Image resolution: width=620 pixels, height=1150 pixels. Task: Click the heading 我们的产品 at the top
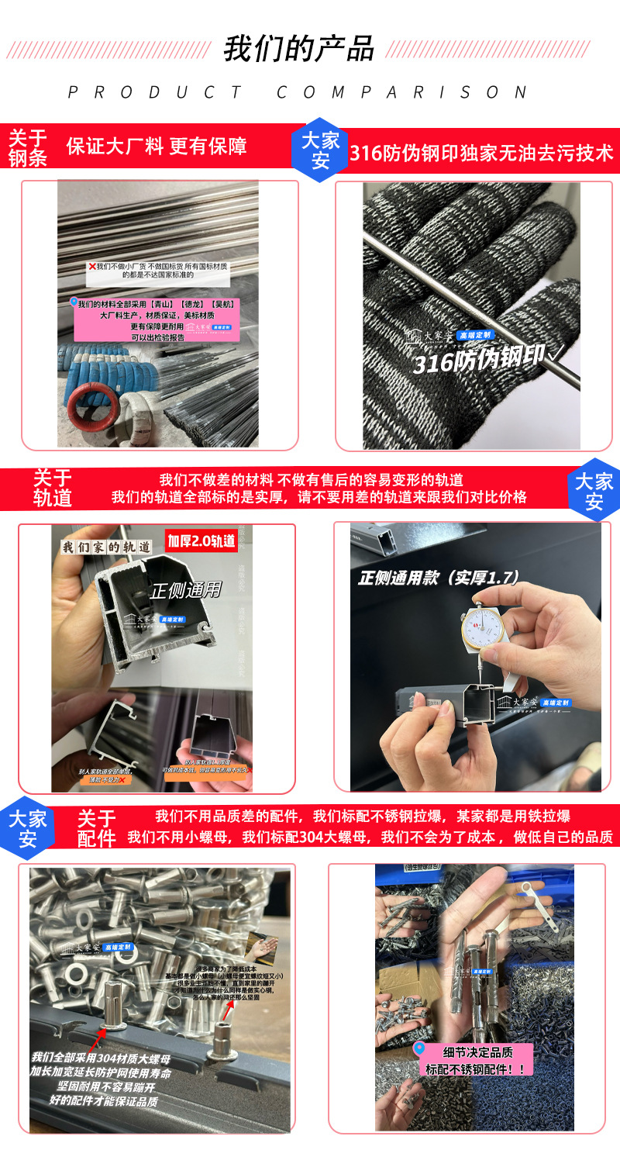(298, 48)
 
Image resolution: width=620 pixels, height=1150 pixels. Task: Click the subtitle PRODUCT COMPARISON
(298, 92)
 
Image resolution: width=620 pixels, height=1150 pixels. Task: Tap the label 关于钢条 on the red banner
(28, 148)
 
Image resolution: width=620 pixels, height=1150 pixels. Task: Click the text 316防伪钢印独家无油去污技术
(480, 152)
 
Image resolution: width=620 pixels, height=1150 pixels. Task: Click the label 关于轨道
(52, 488)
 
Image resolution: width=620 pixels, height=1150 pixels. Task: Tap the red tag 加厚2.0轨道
(201, 540)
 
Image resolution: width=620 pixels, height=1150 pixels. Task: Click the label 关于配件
(96, 828)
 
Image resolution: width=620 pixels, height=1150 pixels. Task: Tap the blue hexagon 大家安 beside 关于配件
(28, 828)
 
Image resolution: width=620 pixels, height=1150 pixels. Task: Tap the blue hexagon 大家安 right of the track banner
(593, 491)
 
